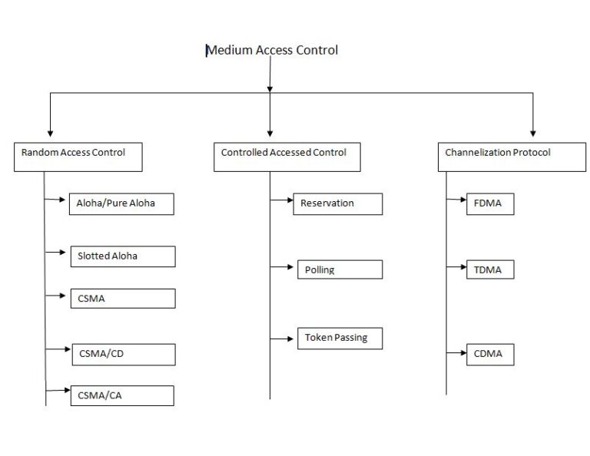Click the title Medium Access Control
[x=272, y=51]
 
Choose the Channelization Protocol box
[x=511, y=156]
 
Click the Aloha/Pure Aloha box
[x=121, y=203]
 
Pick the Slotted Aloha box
[x=121, y=256]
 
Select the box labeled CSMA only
[x=121, y=298]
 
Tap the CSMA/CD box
[x=123, y=354]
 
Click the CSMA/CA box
[x=121, y=395]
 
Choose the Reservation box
[x=337, y=203]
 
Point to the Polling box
[x=340, y=269]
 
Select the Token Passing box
[x=340, y=338]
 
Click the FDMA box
[x=489, y=203]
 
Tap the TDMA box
[x=489, y=269]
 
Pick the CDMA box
[x=489, y=354]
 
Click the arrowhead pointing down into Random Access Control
[x=50, y=131]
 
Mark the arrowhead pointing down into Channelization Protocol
[x=533, y=131]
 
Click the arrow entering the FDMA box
[x=462, y=201]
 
